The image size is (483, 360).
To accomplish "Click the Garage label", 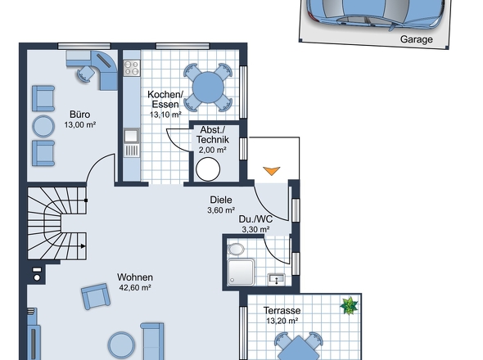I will [x=417, y=38].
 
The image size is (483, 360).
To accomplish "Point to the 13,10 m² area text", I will [x=165, y=115].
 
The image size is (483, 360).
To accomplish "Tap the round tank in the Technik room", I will [x=210, y=168].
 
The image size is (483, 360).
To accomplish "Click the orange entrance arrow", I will [x=271, y=170].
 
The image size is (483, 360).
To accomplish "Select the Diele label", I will [x=221, y=199].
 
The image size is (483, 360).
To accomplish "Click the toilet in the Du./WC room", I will [x=237, y=250].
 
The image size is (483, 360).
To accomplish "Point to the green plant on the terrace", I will [x=350, y=306].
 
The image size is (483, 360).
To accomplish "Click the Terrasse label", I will [x=282, y=311].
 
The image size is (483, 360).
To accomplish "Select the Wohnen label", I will [x=134, y=277].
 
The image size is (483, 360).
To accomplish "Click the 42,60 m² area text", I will [x=134, y=287].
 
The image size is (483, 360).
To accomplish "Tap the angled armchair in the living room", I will [x=96, y=297].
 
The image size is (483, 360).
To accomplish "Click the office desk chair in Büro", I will [x=85, y=74].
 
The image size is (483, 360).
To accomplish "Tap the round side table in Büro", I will [x=43, y=125].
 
